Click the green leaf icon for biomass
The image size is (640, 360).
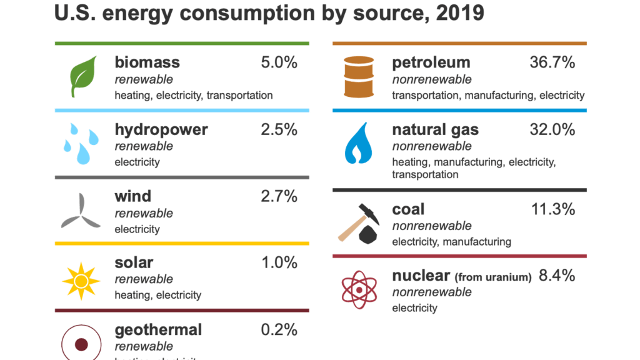(82, 76)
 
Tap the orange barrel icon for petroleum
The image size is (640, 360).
(359, 77)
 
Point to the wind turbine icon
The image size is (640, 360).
(79, 212)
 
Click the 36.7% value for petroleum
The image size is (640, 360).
(552, 62)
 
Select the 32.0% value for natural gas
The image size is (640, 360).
(552, 129)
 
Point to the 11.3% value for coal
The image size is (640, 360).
(552, 209)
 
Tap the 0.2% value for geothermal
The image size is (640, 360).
(279, 329)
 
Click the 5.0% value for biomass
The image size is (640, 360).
(279, 62)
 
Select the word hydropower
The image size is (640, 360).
(161, 129)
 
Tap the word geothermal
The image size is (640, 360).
(158, 329)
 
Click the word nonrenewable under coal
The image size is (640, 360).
(431, 226)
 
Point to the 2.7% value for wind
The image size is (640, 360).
(279, 196)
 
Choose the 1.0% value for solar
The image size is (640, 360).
(279, 262)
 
